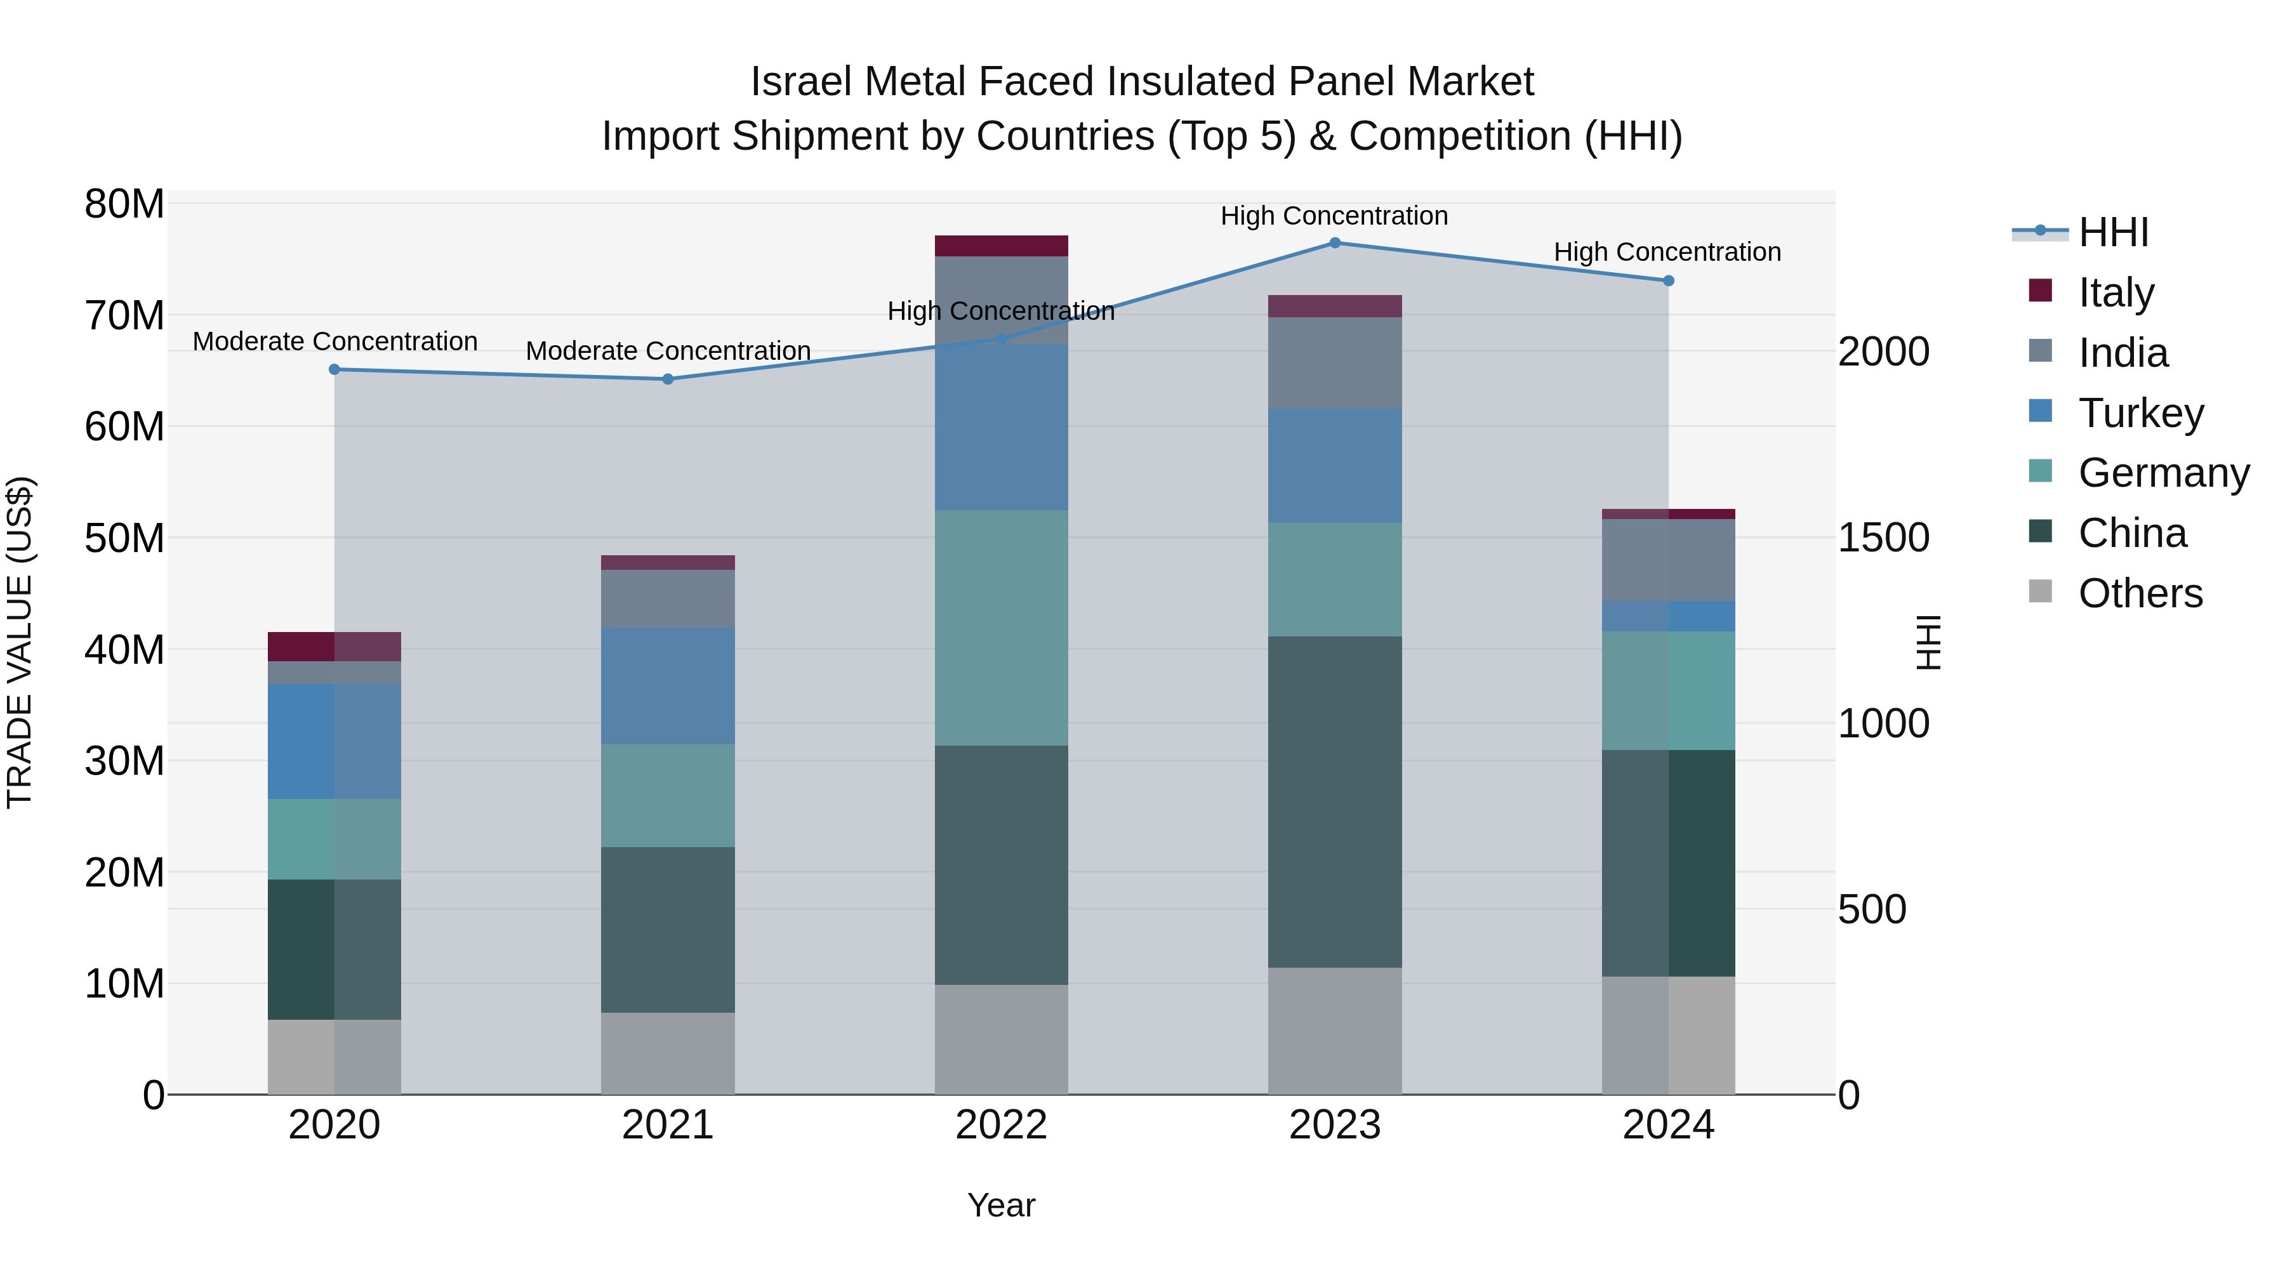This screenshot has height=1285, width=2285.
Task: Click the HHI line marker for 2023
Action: tap(1334, 243)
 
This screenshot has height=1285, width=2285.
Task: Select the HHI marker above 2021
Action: tap(668, 379)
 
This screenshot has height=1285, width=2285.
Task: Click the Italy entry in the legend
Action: tap(2115, 292)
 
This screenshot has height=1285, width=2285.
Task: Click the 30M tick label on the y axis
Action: tap(124, 761)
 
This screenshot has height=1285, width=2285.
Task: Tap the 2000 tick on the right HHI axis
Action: tap(1883, 352)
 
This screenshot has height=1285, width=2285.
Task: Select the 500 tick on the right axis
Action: tap(1872, 910)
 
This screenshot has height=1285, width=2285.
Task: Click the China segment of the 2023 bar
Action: tap(1334, 801)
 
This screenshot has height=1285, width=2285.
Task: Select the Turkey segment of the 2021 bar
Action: tap(668, 687)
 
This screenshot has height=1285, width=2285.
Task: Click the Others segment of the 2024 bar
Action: tap(1667, 1035)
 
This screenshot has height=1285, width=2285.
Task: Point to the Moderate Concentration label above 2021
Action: tap(668, 351)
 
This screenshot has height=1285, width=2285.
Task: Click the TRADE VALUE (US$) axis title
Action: tap(20, 642)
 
